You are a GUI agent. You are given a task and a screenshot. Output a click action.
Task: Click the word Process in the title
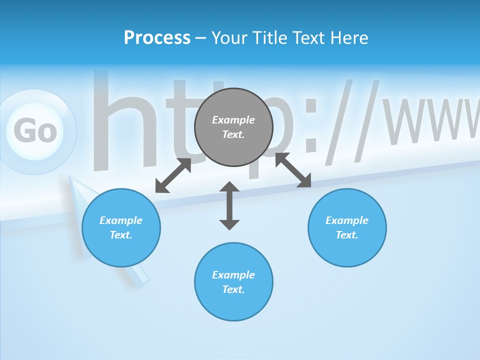(x=157, y=38)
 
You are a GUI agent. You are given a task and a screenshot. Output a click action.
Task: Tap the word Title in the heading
(x=272, y=38)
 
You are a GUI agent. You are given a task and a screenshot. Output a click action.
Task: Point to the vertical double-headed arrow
(x=229, y=205)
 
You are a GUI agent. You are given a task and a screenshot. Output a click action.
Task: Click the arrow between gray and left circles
(x=173, y=175)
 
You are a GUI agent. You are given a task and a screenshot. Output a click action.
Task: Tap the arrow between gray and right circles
(x=293, y=170)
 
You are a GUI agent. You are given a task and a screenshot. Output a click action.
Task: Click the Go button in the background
(x=35, y=131)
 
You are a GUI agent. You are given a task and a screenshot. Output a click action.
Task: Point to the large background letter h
(x=120, y=125)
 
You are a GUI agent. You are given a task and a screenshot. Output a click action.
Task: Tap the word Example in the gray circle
(x=233, y=120)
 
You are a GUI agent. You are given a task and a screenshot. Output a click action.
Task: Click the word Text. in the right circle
(x=347, y=235)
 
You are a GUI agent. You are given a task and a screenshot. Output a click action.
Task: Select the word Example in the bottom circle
(x=233, y=275)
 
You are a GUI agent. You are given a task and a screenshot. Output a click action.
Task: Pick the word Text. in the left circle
(x=121, y=235)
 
